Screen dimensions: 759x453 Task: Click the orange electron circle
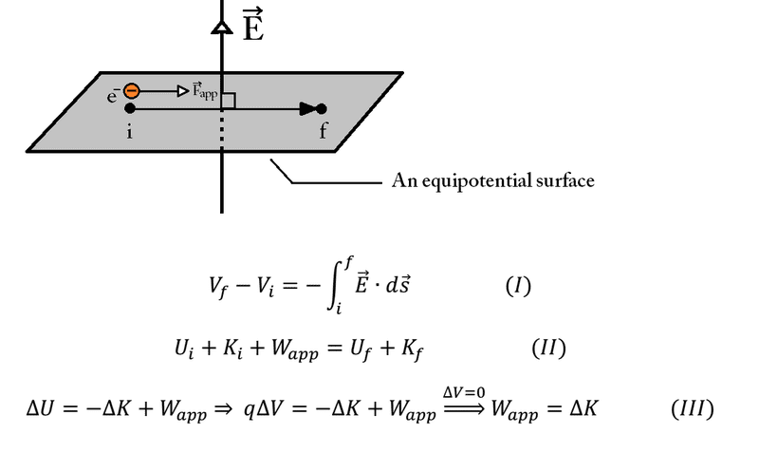(132, 90)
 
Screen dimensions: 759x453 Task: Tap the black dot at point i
(130, 108)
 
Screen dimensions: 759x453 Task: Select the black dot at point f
(321, 109)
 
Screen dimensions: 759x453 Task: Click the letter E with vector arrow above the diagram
(253, 25)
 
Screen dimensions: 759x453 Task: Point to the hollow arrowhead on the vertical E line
(222, 28)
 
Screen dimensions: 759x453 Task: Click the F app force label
(205, 90)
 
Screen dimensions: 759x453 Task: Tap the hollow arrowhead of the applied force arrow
(183, 90)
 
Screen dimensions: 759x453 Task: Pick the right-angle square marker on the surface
(229, 101)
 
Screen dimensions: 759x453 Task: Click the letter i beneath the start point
(129, 131)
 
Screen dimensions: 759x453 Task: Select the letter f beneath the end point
(323, 130)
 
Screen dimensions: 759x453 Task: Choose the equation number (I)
(518, 286)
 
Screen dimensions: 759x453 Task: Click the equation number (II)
(548, 348)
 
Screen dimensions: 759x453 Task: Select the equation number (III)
(693, 409)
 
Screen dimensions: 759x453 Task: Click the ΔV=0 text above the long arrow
(464, 392)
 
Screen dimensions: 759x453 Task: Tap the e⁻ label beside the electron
(113, 95)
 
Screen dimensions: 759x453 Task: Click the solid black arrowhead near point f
(307, 109)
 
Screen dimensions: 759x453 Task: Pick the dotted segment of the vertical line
(222, 128)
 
